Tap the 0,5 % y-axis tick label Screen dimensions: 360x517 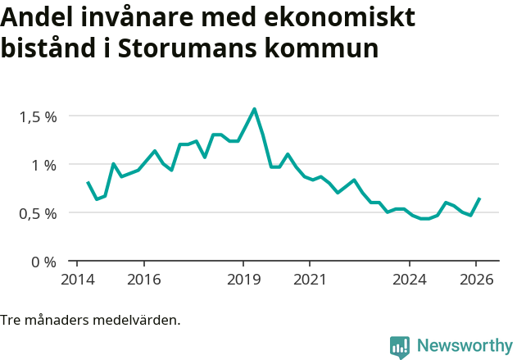pyautogui.click(x=39, y=213)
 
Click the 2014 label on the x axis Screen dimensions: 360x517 pyautogui.click(x=76, y=279)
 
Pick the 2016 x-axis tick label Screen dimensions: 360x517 pyautogui.click(x=143, y=279)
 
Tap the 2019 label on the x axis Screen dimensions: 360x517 pyautogui.click(x=243, y=279)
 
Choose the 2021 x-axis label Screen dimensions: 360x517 pyautogui.click(x=310, y=279)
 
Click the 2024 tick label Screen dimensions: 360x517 pyautogui.click(x=410, y=279)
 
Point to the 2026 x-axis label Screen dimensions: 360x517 pyautogui.click(x=477, y=279)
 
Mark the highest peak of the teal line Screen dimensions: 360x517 pyautogui.click(x=254, y=108)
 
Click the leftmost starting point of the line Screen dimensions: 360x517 pyautogui.click(x=88, y=182)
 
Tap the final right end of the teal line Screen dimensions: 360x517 pyautogui.click(x=479, y=198)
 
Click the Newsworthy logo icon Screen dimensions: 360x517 pyautogui.click(x=400, y=347)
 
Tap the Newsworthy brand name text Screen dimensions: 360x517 pyautogui.click(x=464, y=346)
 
